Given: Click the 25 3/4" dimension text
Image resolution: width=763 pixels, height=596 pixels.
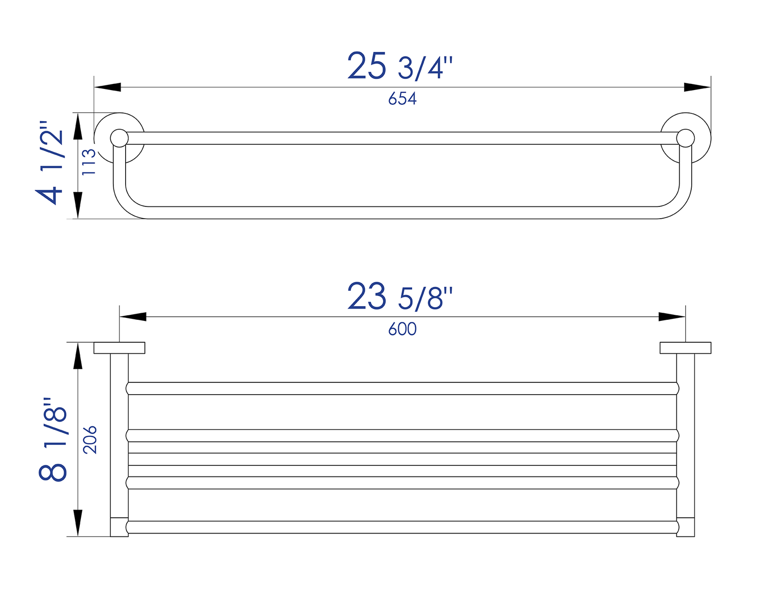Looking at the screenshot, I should click(400, 67).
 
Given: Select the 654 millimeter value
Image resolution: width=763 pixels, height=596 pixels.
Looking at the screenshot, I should click(402, 99).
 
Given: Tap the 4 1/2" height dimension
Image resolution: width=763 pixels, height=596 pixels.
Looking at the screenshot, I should click(50, 163).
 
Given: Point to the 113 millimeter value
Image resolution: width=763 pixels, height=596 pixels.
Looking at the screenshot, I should click(89, 162).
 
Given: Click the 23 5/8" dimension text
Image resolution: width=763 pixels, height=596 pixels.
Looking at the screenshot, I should click(400, 297).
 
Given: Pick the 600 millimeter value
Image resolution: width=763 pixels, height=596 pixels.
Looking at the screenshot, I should click(402, 329).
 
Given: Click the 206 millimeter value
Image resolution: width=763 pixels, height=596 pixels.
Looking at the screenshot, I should click(90, 439).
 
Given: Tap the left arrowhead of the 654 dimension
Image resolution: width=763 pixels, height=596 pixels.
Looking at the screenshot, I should click(107, 87).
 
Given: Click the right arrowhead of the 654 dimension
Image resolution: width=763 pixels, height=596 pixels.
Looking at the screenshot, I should click(697, 87).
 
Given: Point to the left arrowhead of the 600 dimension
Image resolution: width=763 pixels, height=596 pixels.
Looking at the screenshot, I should click(133, 317).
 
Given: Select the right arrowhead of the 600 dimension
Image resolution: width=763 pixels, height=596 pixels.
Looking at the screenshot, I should click(672, 317).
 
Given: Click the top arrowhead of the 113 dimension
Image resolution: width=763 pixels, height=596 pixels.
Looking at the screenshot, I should click(78, 126).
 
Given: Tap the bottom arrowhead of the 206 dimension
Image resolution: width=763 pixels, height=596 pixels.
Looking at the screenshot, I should click(78, 523).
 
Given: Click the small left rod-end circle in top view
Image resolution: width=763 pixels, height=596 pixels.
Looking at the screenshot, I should click(119, 138).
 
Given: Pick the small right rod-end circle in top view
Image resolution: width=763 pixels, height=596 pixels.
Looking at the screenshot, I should click(686, 138).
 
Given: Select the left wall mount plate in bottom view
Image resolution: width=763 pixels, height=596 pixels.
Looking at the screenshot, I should click(120, 348).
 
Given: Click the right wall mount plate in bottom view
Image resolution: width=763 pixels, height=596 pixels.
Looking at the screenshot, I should click(685, 348).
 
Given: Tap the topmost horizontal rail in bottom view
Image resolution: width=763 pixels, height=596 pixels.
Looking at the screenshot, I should click(402, 389).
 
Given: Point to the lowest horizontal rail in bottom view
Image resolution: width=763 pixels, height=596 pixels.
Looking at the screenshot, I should click(402, 527).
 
